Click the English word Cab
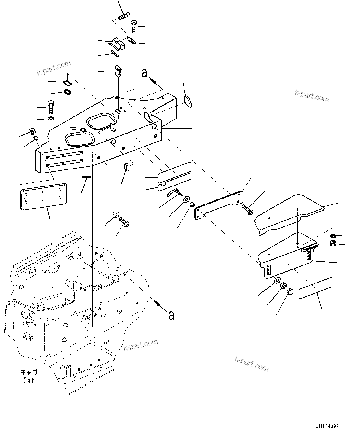(29, 380)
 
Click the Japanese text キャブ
(29, 373)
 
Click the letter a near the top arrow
(144, 73)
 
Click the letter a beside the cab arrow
(171, 315)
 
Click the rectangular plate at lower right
(315, 288)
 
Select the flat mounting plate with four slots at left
(43, 196)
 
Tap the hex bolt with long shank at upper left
(50, 107)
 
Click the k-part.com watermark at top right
(312, 96)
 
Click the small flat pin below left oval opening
(86, 177)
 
